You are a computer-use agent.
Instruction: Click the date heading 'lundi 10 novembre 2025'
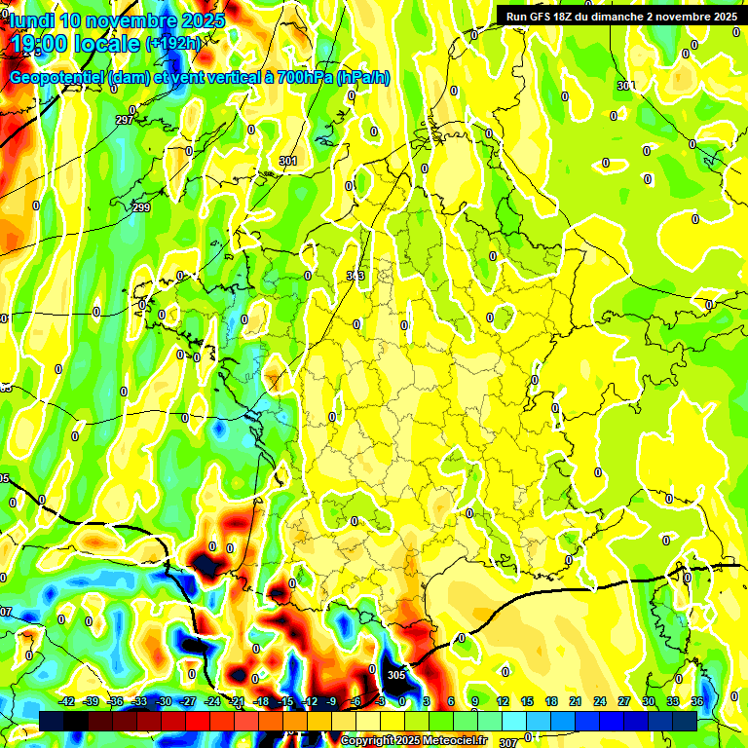click(117, 20)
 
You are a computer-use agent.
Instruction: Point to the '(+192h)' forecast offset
click(173, 44)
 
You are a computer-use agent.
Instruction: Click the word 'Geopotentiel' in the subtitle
click(58, 78)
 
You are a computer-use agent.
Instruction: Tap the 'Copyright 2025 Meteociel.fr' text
click(413, 740)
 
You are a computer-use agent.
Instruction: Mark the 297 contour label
click(124, 120)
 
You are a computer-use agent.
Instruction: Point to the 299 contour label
click(141, 207)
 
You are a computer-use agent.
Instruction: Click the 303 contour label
click(355, 276)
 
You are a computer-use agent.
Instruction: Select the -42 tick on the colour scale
click(67, 701)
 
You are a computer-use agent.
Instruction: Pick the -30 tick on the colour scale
click(164, 701)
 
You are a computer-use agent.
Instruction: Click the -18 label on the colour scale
click(261, 701)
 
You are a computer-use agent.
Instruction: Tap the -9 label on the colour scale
click(331, 701)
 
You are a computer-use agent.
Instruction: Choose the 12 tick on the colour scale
click(503, 701)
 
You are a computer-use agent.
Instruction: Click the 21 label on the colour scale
click(576, 701)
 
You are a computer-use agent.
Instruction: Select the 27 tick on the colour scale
click(624, 701)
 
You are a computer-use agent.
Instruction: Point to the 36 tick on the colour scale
click(697, 701)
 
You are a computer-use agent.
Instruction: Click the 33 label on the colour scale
click(673, 701)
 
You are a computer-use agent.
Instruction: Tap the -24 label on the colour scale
click(212, 701)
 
